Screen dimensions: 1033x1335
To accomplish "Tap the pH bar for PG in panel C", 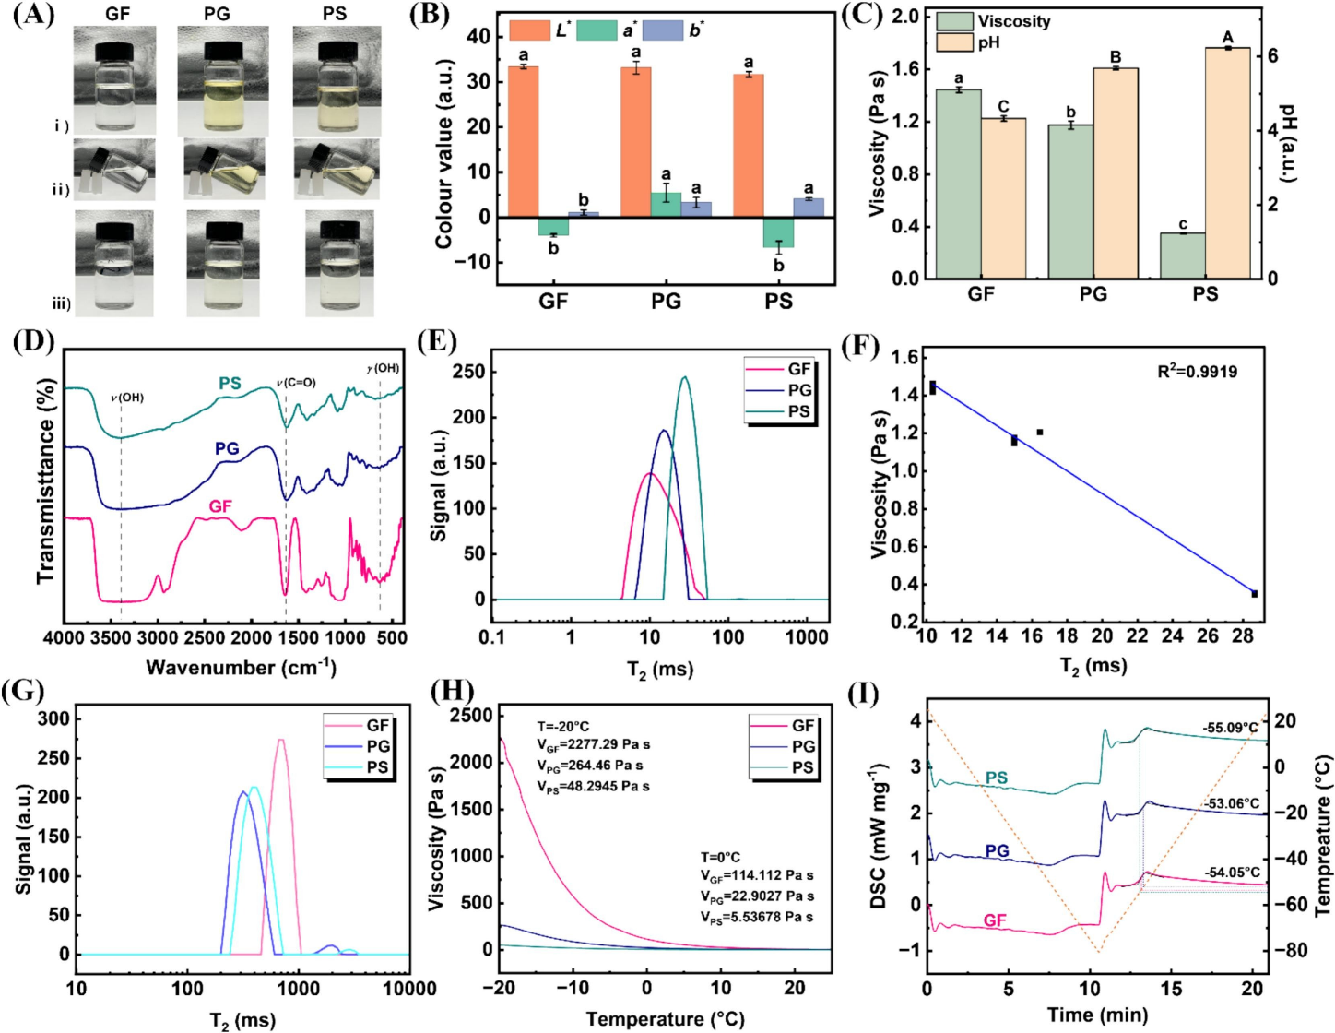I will pos(1116,172).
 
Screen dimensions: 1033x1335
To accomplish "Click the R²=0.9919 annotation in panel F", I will pos(1197,372).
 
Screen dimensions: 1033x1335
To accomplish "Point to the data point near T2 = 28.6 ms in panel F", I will pos(1254,594).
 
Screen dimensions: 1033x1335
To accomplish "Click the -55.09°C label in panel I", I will pos(1230,728).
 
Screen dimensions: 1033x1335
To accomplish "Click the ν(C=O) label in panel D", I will pos(296,383).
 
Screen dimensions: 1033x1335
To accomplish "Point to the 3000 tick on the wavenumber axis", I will pos(159,637).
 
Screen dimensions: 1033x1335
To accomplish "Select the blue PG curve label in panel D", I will pos(227,449).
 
